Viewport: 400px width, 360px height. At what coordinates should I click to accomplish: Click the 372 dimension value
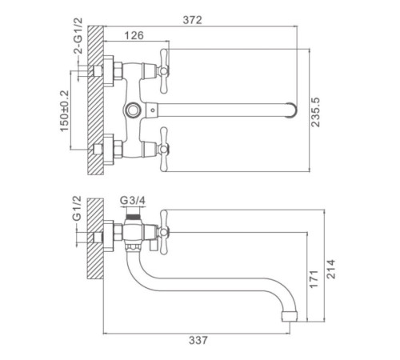coord(192,20)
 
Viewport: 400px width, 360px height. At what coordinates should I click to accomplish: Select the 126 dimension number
coord(134,35)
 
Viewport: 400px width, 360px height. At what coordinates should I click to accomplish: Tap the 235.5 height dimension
coord(315,112)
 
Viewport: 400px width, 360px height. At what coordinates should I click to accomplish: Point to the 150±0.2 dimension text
coord(64,111)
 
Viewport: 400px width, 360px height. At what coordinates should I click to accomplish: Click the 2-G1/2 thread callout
coord(78,36)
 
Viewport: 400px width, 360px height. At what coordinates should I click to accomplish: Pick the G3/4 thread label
coord(133,200)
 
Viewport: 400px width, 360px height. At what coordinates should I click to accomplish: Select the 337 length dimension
coord(198,340)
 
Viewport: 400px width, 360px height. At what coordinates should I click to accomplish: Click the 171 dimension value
coord(314,279)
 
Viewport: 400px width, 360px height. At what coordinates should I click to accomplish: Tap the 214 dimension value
coord(331,269)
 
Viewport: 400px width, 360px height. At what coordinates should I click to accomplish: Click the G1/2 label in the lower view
coord(77,208)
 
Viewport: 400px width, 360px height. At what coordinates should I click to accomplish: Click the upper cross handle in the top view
coord(164,71)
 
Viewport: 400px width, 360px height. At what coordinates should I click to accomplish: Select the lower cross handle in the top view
coord(164,150)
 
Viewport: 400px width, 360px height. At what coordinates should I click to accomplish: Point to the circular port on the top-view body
coord(132,110)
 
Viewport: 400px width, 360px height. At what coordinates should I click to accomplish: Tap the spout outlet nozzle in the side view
coord(290,315)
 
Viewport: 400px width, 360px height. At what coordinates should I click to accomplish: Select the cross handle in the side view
coord(163,232)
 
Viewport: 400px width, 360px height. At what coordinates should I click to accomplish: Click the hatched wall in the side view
coord(95,238)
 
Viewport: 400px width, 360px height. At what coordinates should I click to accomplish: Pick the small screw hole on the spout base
coord(152,110)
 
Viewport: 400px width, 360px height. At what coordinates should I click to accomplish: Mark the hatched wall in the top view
coord(95,100)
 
